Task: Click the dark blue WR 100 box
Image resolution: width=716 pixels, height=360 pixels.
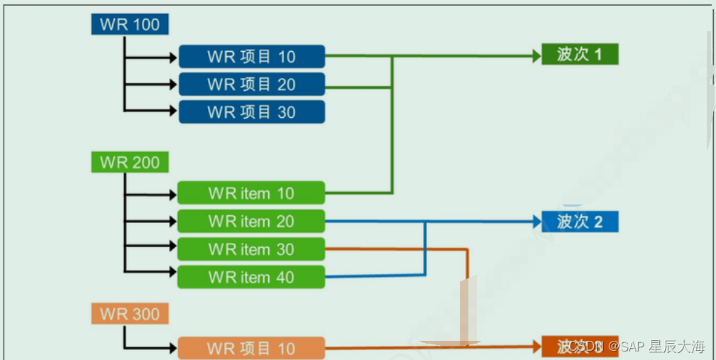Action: coord(130,25)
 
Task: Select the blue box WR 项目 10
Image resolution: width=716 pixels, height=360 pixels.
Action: coord(251,57)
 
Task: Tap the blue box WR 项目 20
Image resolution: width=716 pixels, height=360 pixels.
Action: coord(251,84)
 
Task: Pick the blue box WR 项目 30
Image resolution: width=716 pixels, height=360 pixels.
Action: coord(251,112)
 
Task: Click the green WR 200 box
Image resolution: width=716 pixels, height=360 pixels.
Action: coord(130,162)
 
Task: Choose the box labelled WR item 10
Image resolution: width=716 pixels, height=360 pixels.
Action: coord(250,193)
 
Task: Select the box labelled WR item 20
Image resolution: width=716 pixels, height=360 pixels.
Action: coord(250,222)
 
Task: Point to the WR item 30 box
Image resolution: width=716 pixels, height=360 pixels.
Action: coord(250,249)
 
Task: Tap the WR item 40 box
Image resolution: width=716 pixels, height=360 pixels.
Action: coord(250,277)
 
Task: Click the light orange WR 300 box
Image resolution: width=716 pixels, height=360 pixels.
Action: coord(130,313)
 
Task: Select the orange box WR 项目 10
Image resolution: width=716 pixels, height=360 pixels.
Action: coord(250,349)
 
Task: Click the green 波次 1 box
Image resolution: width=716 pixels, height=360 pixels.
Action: coord(580,55)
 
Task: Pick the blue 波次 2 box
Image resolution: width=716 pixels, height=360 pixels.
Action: coord(580,222)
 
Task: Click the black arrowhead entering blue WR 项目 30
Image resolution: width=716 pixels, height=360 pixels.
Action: coord(172,111)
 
